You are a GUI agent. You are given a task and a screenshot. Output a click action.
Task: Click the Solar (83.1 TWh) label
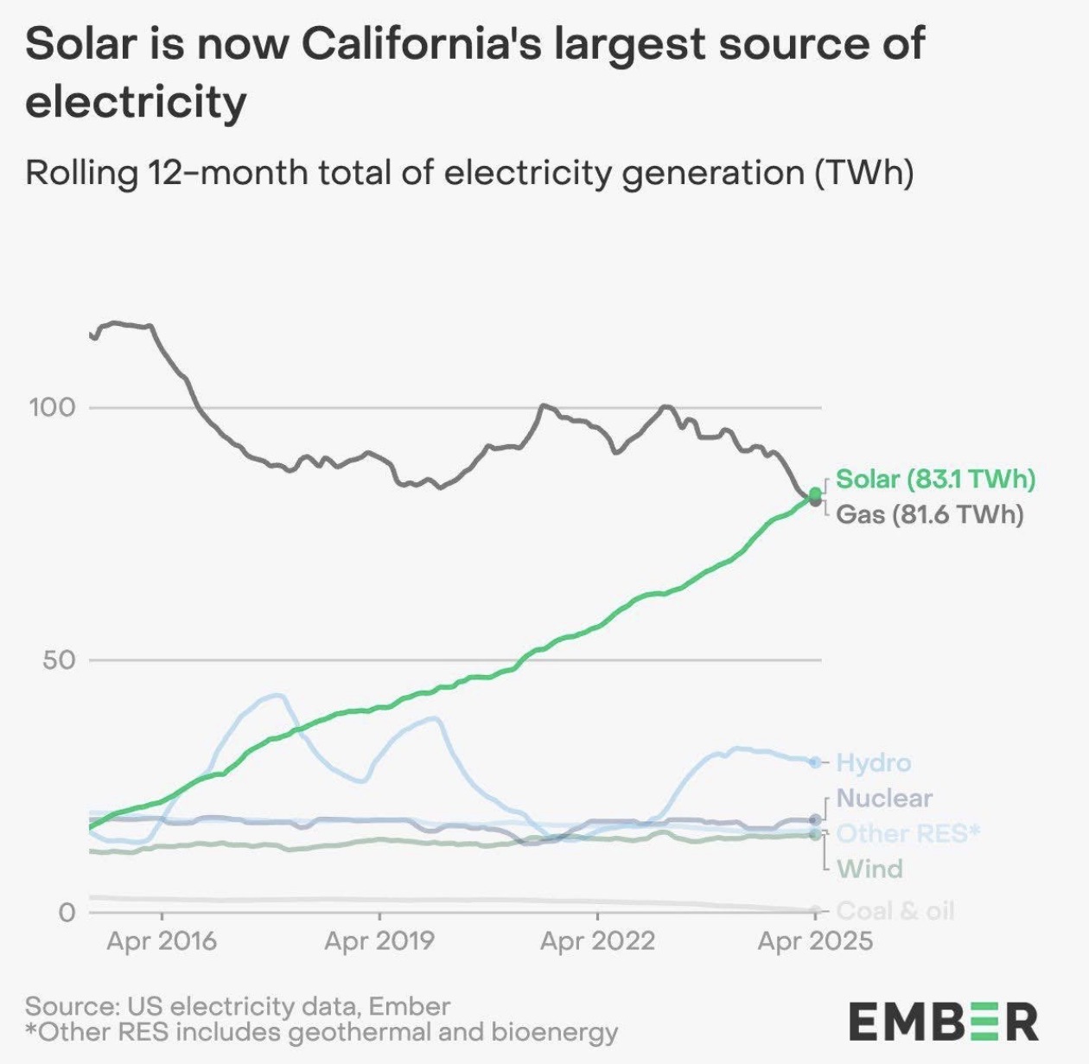(935, 479)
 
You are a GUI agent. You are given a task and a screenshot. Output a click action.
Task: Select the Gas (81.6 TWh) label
(930, 514)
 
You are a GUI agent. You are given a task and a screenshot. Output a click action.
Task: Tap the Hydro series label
(874, 762)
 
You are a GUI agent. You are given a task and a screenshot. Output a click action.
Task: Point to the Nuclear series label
(884, 798)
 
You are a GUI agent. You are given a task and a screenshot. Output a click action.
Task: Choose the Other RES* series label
(908, 833)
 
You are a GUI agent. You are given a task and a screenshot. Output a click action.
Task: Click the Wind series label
(869, 869)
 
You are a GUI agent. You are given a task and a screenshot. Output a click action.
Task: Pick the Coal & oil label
(895, 910)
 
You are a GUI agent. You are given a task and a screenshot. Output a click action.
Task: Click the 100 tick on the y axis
(52, 406)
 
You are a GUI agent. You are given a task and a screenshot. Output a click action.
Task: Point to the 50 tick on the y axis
(58, 659)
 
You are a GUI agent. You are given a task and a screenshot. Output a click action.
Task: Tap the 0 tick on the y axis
(67, 912)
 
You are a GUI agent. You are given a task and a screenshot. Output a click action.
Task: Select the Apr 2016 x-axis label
(162, 940)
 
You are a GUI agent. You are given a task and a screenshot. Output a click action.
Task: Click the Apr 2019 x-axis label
(379, 940)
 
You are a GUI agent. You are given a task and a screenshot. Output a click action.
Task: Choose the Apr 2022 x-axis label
(597, 940)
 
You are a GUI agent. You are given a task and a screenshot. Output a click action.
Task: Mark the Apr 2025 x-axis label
(815, 940)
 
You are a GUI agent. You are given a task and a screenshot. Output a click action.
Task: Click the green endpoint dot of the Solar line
(815, 494)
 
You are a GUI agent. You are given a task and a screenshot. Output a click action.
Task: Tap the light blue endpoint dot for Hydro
(814, 761)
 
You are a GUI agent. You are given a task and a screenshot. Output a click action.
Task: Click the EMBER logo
(943, 1022)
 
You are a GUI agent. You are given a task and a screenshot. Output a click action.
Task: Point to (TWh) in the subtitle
(862, 172)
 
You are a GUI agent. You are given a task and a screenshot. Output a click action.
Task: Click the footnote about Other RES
(322, 1033)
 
